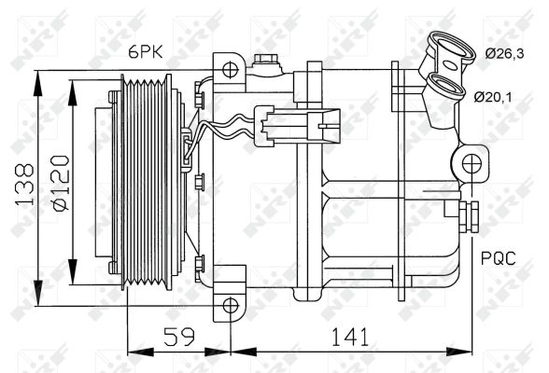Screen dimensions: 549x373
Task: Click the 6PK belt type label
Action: coord(146,52)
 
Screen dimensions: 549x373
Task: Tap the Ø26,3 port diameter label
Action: coord(504,54)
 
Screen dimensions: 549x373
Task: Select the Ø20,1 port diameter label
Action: coord(493,96)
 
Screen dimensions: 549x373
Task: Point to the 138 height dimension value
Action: coord(25,184)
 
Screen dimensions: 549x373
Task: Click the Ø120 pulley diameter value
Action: coord(61,183)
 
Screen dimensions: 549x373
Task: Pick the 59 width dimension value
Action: coord(179,337)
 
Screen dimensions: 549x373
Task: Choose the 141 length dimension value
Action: coord(350,337)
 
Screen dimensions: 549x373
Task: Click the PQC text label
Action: coord(499,258)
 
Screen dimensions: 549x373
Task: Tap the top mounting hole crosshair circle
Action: coord(230,70)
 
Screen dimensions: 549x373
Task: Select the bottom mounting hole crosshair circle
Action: coord(231,306)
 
